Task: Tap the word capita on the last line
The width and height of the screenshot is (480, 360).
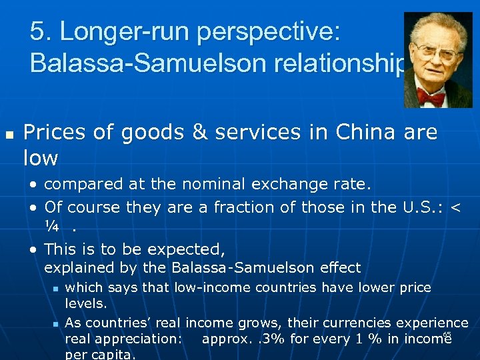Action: pos(109,354)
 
